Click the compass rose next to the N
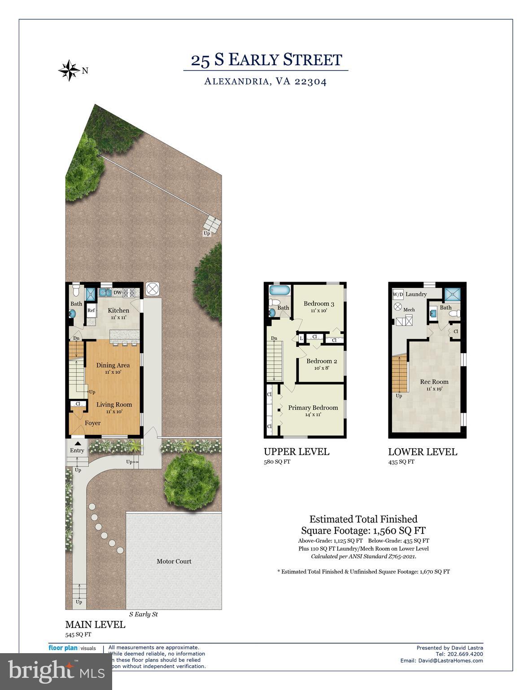[69, 70]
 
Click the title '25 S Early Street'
[266, 60]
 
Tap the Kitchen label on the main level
[118, 310]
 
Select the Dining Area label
[113, 365]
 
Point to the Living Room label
[114, 404]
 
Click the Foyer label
[92, 423]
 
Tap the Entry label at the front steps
[77, 450]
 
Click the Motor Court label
[174, 561]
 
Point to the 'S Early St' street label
[143, 614]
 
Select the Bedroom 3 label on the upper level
[318, 303]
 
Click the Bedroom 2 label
[321, 361]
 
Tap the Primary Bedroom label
[313, 407]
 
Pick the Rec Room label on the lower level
[434, 382]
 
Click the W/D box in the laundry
[398, 295]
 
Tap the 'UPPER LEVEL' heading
[296, 451]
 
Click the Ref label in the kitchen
[91, 310]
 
